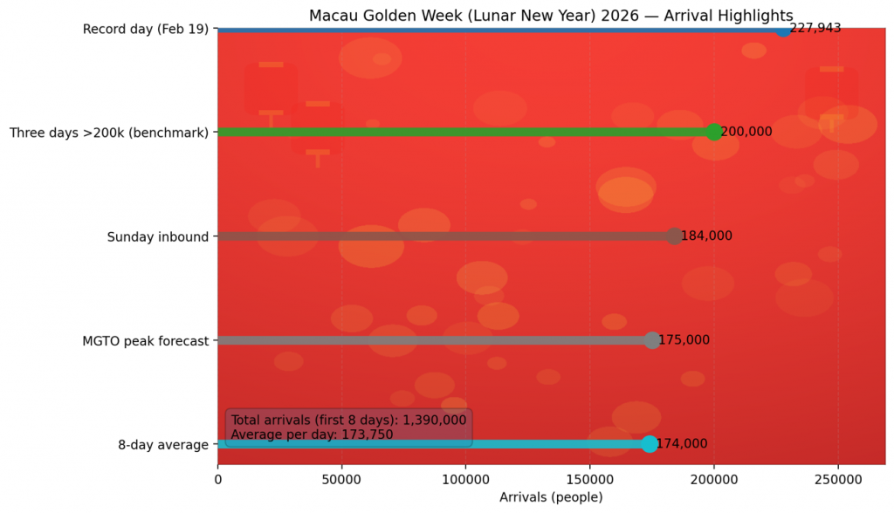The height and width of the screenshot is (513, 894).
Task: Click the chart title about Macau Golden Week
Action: click(551, 16)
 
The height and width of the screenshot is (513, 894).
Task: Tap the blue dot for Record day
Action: click(783, 29)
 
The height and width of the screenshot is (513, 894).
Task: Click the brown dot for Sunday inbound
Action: click(674, 236)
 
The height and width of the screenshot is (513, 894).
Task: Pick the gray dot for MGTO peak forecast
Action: click(652, 340)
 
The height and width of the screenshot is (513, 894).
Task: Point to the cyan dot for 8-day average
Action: click(650, 444)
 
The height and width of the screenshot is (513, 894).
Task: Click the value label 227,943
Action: click(815, 28)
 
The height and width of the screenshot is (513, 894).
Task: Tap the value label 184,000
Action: click(706, 236)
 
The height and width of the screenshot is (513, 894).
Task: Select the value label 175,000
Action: click(684, 340)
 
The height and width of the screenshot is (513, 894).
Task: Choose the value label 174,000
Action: click(681, 444)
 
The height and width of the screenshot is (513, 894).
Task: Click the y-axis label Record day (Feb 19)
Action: click(146, 30)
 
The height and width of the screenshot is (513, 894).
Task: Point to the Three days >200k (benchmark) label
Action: click(109, 133)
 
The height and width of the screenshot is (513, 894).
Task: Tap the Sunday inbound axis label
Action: click(158, 236)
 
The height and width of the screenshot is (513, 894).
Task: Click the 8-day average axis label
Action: click(163, 445)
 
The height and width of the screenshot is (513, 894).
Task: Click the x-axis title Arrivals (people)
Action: click(551, 497)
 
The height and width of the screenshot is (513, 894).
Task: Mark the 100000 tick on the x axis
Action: click(465, 480)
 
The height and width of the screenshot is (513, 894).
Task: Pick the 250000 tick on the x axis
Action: click(838, 480)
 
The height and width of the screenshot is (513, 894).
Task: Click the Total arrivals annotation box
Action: click(348, 427)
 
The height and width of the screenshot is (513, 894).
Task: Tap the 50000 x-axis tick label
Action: click(341, 480)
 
